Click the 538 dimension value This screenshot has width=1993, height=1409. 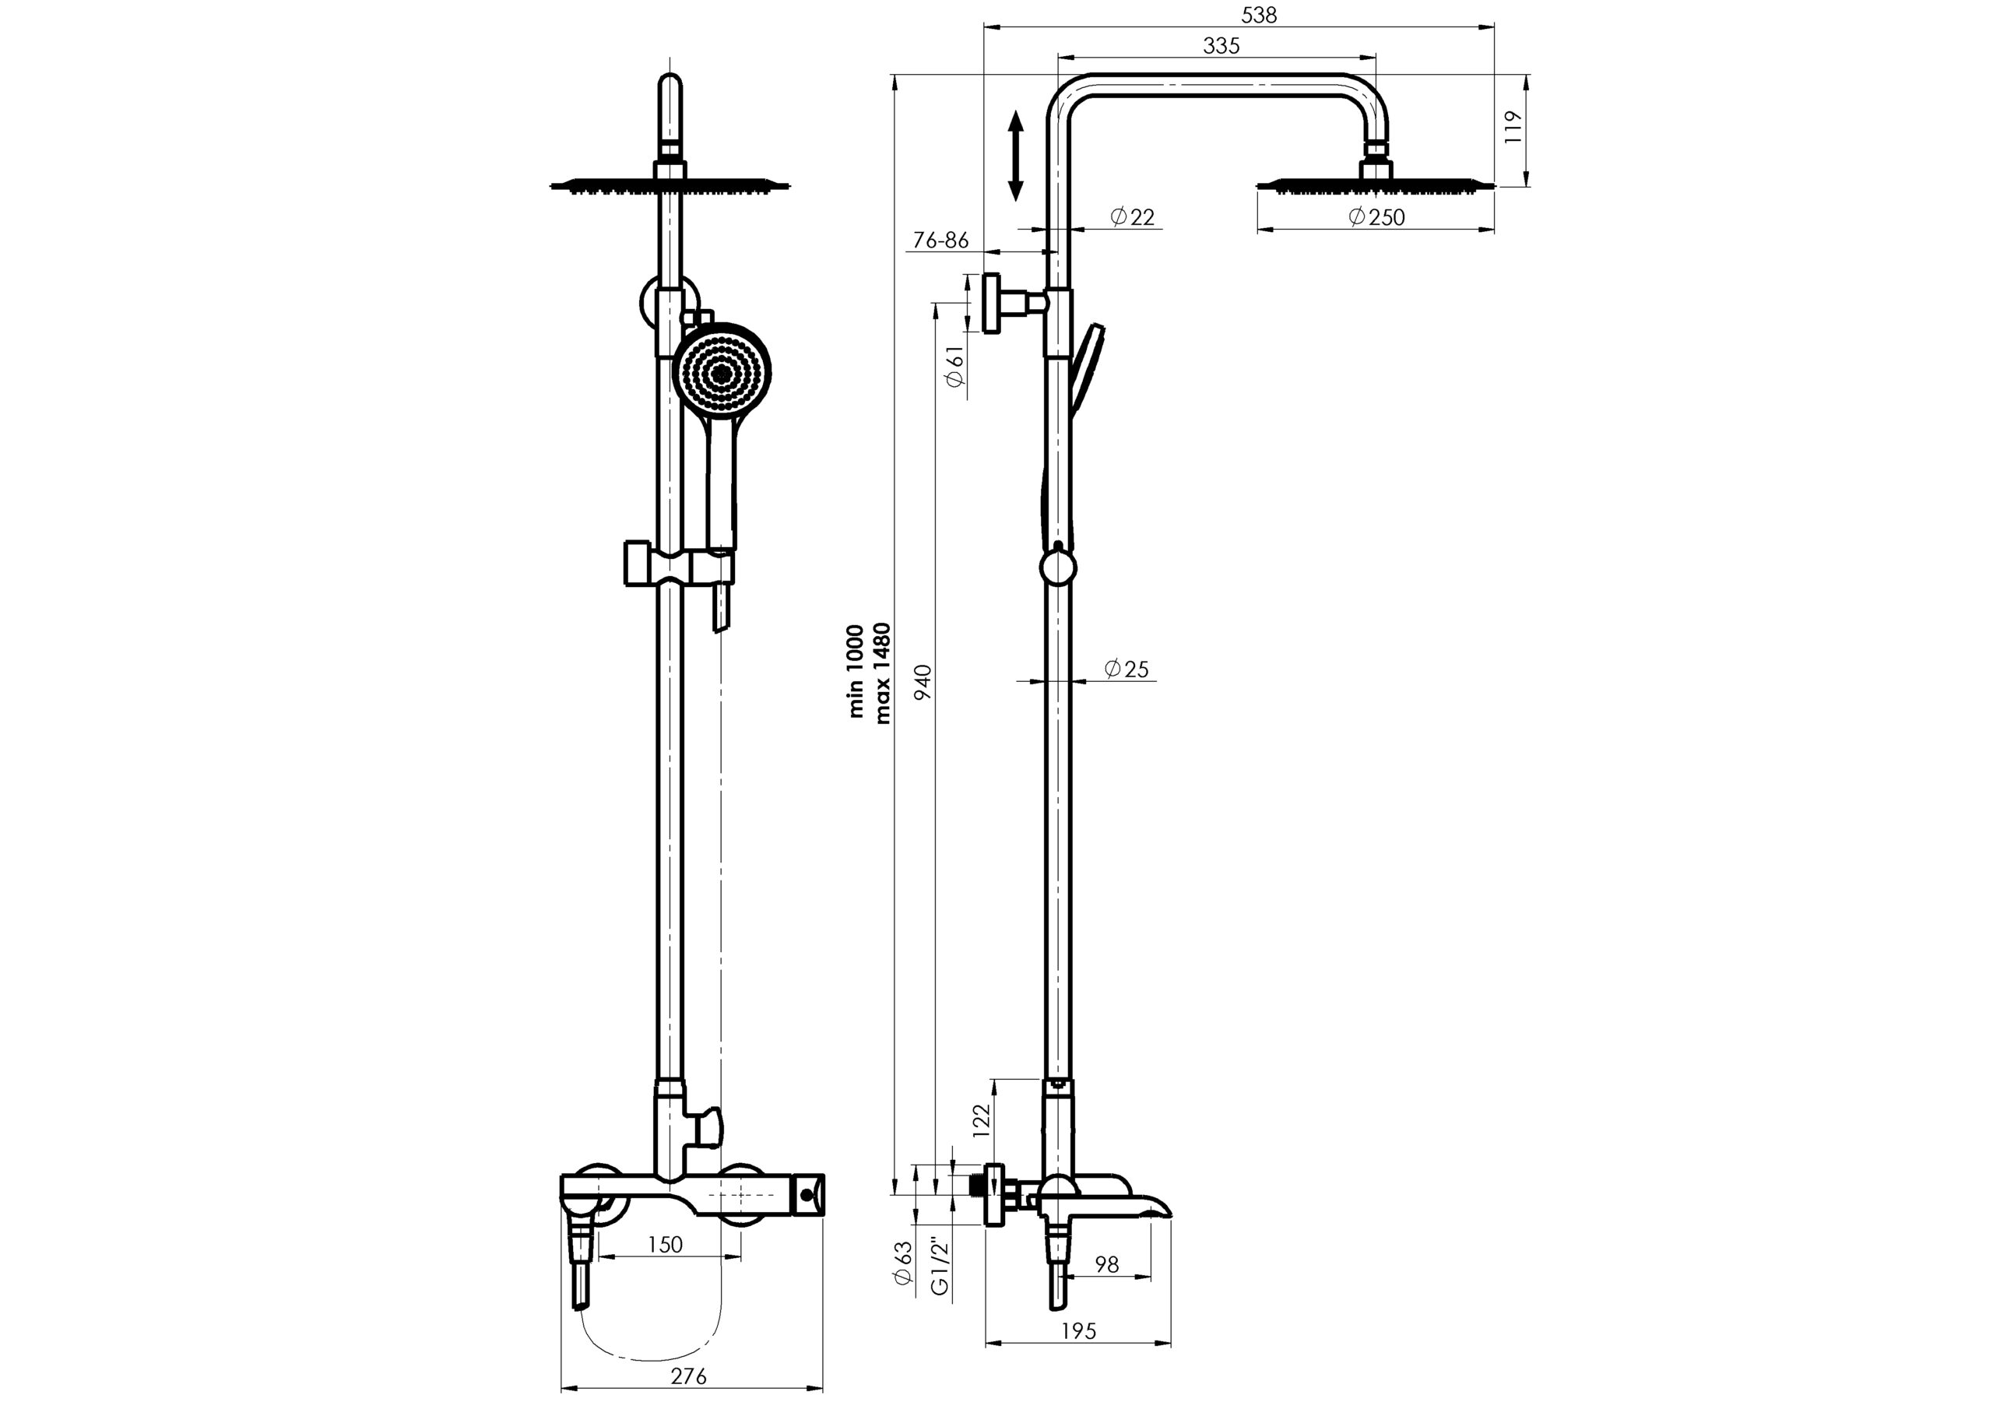[1259, 16]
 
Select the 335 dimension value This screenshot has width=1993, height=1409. [1221, 46]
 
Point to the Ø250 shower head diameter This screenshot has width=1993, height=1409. [1376, 216]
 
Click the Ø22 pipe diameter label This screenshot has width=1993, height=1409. [1133, 216]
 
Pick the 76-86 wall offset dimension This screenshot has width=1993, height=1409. [941, 240]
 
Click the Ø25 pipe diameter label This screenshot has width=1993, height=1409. [1126, 669]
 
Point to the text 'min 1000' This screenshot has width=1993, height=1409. [856, 671]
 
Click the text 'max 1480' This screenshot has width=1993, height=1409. [882, 673]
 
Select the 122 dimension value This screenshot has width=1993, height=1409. [981, 1120]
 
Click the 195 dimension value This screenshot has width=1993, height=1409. [1078, 1331]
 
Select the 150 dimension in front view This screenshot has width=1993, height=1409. [665, 1244]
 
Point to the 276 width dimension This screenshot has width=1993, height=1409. [689, 1376]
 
